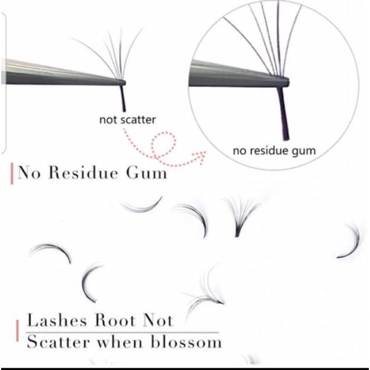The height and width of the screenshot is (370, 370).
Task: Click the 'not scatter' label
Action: pos(127,120)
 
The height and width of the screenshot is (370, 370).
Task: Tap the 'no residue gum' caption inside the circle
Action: pos(274,151)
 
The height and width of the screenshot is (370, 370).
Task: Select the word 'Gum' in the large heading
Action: pos(147,173)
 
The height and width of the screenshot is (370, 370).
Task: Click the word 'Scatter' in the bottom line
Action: pos(59,341)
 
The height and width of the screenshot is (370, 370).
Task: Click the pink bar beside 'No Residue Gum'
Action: pos(12,174)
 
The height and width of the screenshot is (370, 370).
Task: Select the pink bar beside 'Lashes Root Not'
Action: pos(18,330)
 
